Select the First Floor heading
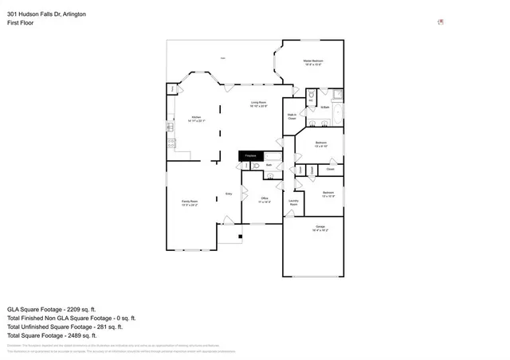coord(20,23)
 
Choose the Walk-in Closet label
coord(292,117)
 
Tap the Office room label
coord(265,200)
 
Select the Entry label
coord(229,194)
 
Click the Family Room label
coord(190,203)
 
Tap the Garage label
coord(320,229)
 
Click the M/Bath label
coord(324,108)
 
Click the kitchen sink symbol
coord(170,126)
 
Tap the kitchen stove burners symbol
coord(170,143)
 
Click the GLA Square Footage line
coord(51,308)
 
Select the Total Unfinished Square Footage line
coord(64,327)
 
